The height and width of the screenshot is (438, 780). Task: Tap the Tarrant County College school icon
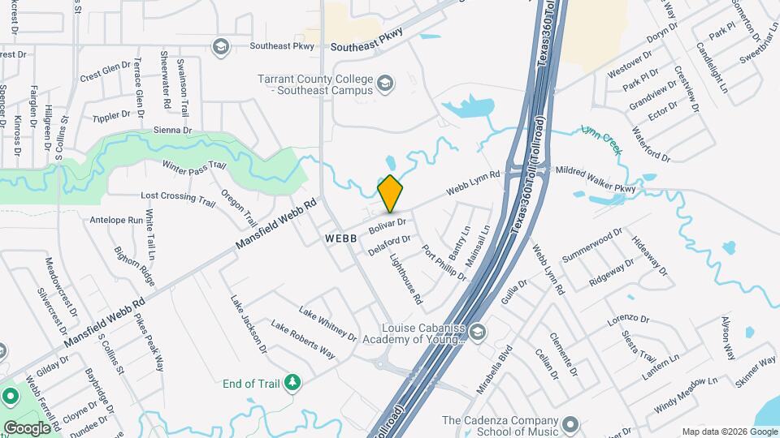click(386, 83)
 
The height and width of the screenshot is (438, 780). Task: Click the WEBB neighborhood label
click(341, 239)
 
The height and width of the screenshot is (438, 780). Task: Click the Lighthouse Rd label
click(407, 280)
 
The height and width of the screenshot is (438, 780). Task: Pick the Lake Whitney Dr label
click(327, 323)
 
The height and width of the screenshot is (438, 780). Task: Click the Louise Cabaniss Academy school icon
click(479, 330)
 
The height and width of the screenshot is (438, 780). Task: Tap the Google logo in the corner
click(27, 427)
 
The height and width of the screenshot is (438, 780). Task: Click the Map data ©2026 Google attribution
click(729, 432)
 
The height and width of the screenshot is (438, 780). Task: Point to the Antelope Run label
click(117, 219)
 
